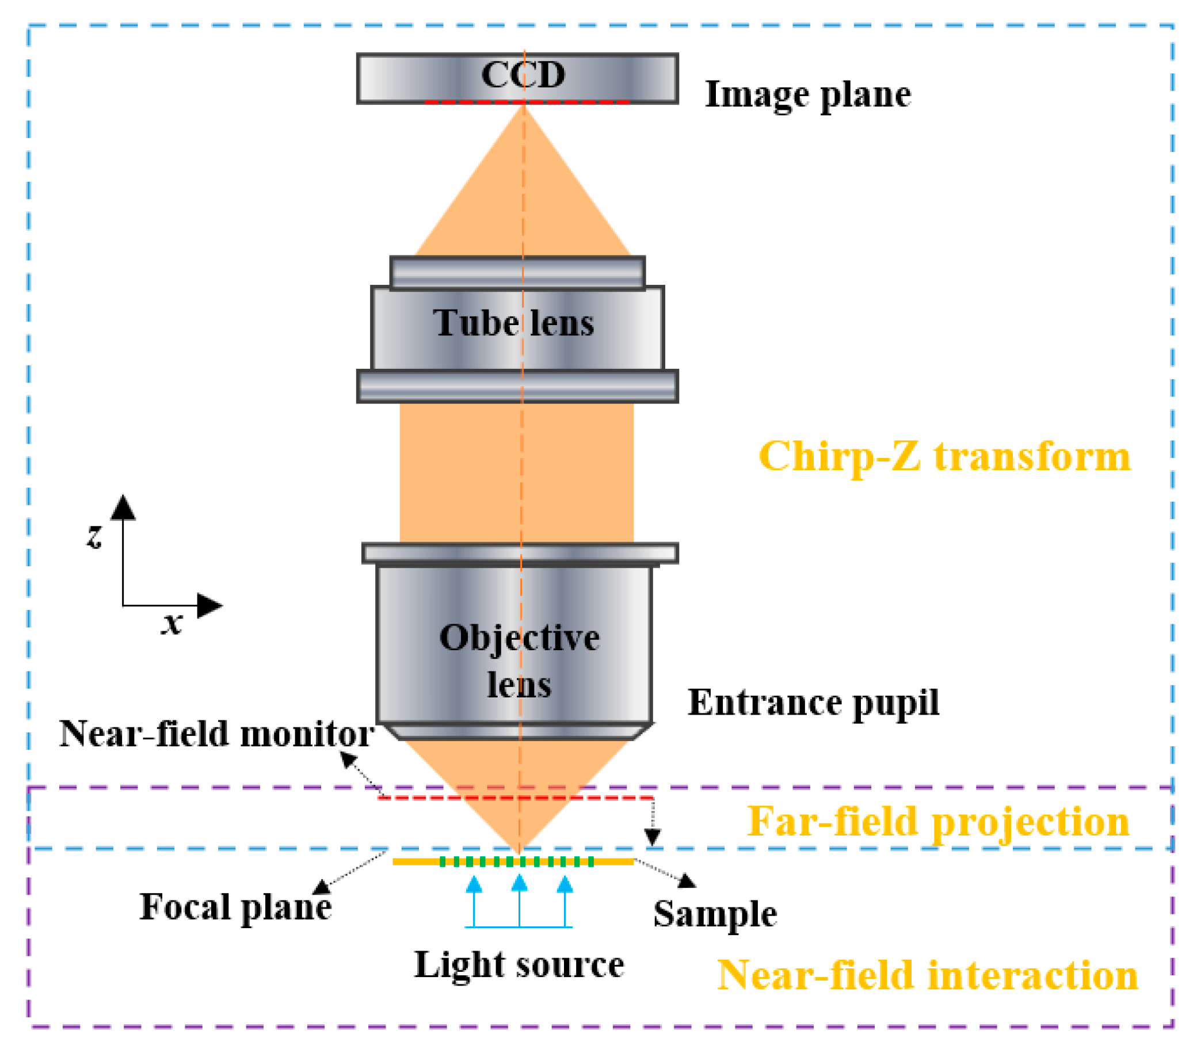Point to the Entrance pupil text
(x=813, y=702)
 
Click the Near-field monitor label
(x=217, y=733)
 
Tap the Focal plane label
(x=235, y=907)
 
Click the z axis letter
(x=94, y=536)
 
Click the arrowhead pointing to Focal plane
(x=322, y=887)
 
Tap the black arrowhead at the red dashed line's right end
(x=653, y=838)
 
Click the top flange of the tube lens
(x=518, y=273)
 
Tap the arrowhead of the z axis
(x=123, y=508)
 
